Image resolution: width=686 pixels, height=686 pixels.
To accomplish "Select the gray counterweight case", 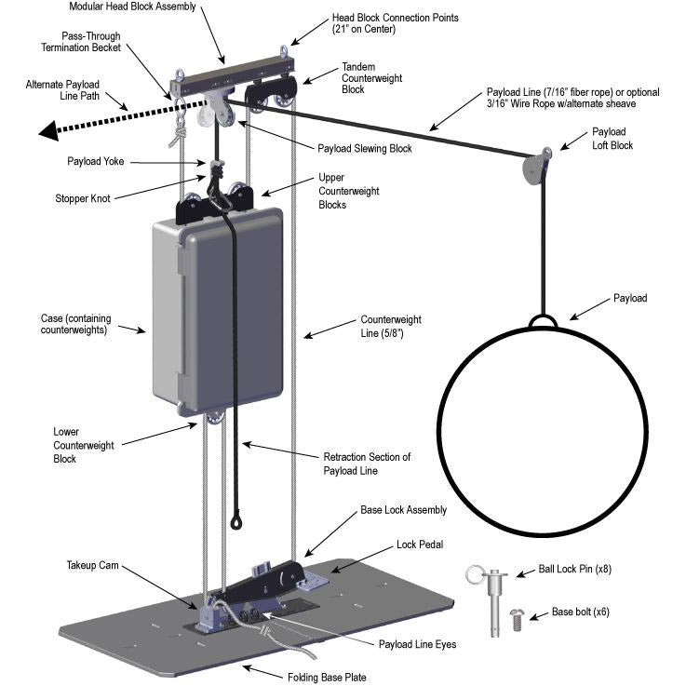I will pyautogui.click(x=219, y=313).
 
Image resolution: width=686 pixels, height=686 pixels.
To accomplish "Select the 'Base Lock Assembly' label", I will pyautogui.click(x=403, y=510).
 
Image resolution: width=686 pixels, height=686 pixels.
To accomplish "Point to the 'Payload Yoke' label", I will pyautogui.click(x=95, y=161).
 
